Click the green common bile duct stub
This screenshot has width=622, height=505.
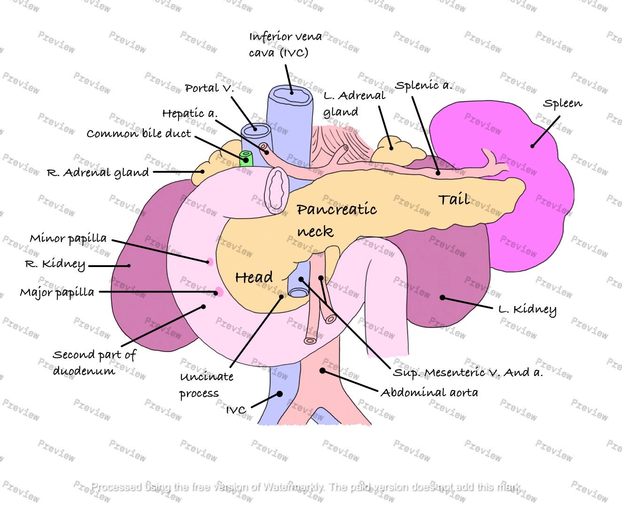[x=246, y=159]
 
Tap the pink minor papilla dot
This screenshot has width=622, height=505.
[x=210, y=262]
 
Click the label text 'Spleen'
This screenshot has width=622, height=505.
[x=562, y=104]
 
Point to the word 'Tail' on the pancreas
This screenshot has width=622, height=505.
[x=454, y=199]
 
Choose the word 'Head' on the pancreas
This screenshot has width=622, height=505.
[x=254, y=277]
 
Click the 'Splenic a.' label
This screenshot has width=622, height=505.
[x=423, y=85]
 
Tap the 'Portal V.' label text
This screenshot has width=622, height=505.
[x=210, y=88]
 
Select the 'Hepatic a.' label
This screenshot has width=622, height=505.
[x=190, y=113]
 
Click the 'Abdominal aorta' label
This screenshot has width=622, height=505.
[x=429, y=392]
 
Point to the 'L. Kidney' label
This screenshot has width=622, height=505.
[x=528, y=309]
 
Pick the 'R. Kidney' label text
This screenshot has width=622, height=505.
[x=55, y=264]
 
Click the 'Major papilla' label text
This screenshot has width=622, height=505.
[x=57, y=292]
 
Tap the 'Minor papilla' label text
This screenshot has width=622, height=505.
[x=68, y=238]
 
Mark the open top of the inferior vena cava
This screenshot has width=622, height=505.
[x=290, y=94]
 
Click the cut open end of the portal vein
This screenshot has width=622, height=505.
[x=256, y=130]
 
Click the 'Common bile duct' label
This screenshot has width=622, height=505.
[x=139, y=134]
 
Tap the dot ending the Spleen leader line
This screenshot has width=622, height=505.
[x=532, y=146]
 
